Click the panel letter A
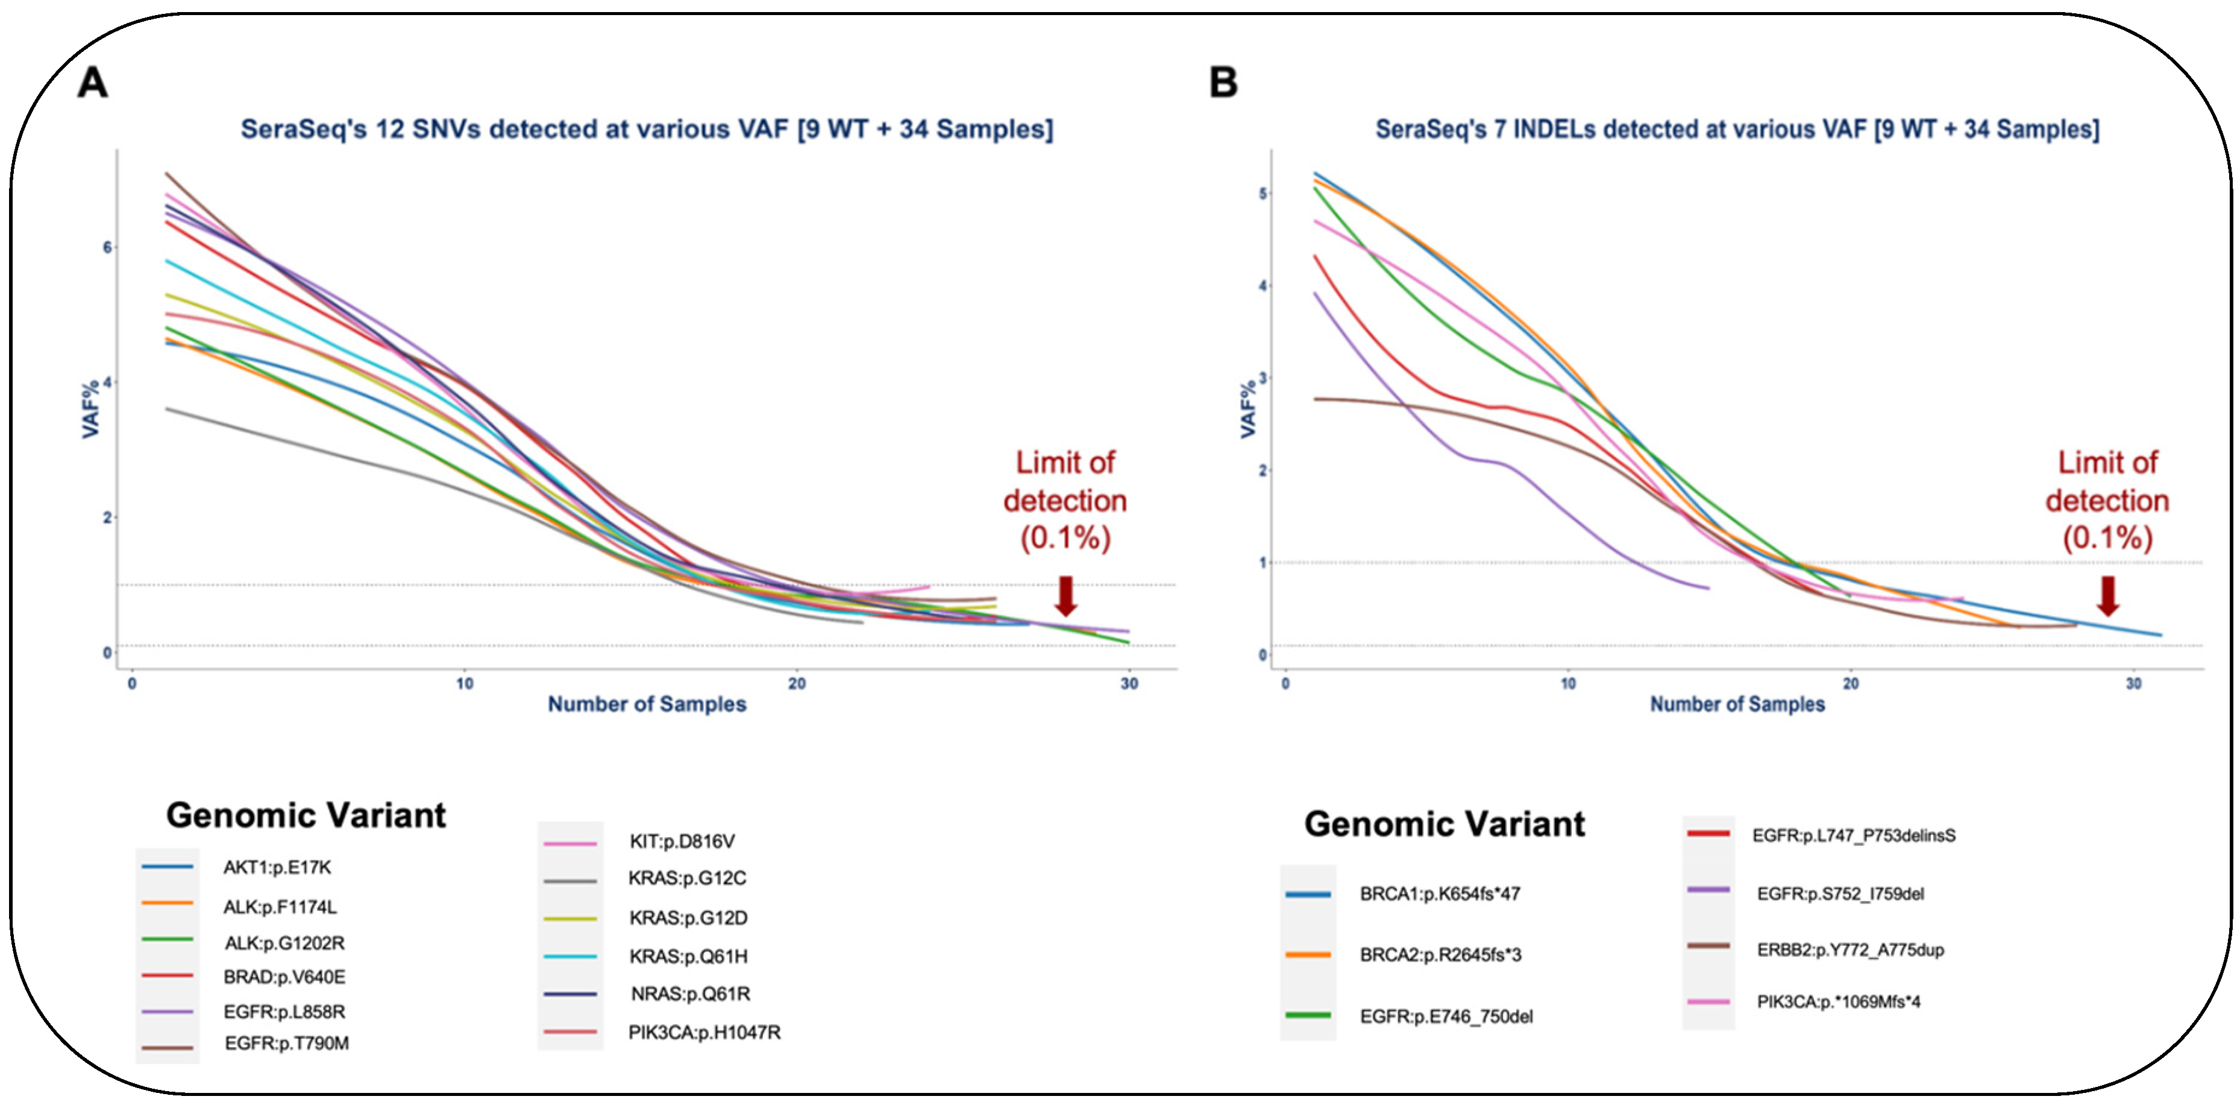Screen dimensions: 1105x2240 (x=93, y=83)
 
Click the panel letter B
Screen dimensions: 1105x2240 (x=1223, y=83)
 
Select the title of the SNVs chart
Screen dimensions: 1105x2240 (x=646, y=130)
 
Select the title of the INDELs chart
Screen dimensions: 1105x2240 (x=1737, y=130)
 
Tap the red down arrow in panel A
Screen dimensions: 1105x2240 (x=1065, y=596)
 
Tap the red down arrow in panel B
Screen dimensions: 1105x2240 (x=2107, y=596)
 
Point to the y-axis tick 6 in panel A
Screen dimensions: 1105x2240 (x=108, y=247)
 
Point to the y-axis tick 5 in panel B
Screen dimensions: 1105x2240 (x=1263, y=193)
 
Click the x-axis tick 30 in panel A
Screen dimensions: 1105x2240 (x=1129, y=684)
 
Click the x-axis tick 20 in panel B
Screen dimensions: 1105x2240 (x=1851, y=684)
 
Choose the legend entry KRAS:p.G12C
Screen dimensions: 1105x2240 (x=687, y=879)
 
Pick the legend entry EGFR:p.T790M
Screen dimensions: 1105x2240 (x=286, y=1043)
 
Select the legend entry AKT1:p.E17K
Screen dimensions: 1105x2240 (x=277, y=867)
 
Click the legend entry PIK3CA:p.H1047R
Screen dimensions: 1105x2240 (x=704, y=1033)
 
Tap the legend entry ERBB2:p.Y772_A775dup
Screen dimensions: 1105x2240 (x=1849, y=950)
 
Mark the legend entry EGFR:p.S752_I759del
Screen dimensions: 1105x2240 (x=1840, y=894)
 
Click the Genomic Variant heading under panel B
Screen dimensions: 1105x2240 (x=1445, y=824)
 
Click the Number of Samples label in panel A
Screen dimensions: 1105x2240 (x=646, y=704)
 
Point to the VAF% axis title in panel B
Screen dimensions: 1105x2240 (x=1248, y=409)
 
